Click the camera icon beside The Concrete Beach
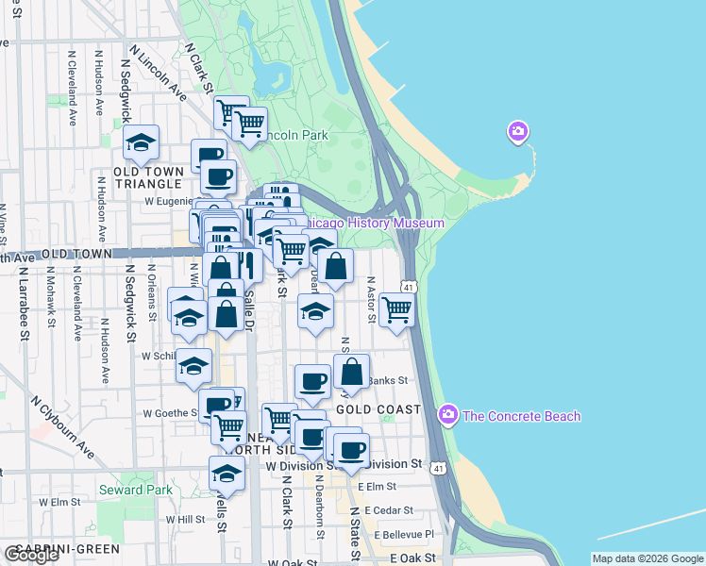pos(448,415)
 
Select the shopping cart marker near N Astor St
pos(397,309)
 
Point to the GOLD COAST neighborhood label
pos(378,409)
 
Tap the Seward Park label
pos(135,490)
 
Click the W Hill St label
pos(185,519)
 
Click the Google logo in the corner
pos(31,555)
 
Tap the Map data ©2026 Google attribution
pos(647,558)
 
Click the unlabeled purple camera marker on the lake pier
pos(517,131)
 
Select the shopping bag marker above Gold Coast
pos(351,373)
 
